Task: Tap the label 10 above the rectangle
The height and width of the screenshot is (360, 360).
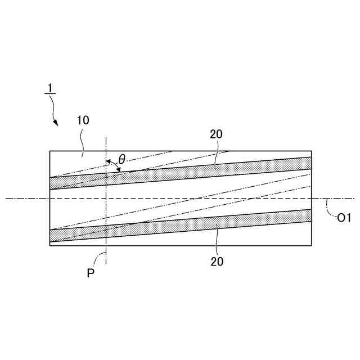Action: pyautogui.click(x=83, y=120)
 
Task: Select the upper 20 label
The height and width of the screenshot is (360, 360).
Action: pyautogui.click(x=216, y=134)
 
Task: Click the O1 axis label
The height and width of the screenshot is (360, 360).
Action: pyautogui.click(x=344, y=219)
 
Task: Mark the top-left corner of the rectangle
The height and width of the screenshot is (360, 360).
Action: pyautogui.click(x=50, y=151)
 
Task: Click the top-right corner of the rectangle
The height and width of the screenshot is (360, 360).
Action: pyautogui.click(x=311, y=151)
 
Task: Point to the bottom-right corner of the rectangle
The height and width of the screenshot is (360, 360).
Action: pyautogui.click(x=311, y=246)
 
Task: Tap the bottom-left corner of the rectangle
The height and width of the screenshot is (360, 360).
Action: pyautogui.click(x=50, y=246)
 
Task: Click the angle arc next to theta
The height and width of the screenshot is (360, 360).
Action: pyautogui.click(x=114, y=165)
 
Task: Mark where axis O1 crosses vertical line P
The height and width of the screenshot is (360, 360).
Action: pyautogui.click(x=106, y=198)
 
